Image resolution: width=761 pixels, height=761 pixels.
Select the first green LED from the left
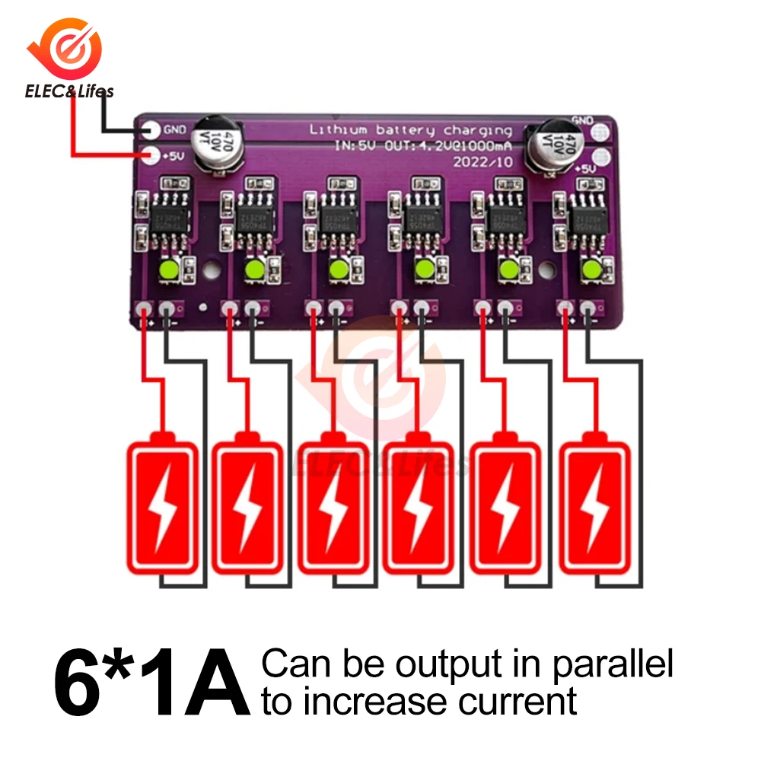(x=168, y=269)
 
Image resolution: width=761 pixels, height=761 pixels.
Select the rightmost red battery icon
(x=596, y=503)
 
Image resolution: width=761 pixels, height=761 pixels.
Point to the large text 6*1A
(x=152, y=679)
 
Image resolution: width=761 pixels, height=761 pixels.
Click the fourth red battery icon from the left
(x=417, y=503)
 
